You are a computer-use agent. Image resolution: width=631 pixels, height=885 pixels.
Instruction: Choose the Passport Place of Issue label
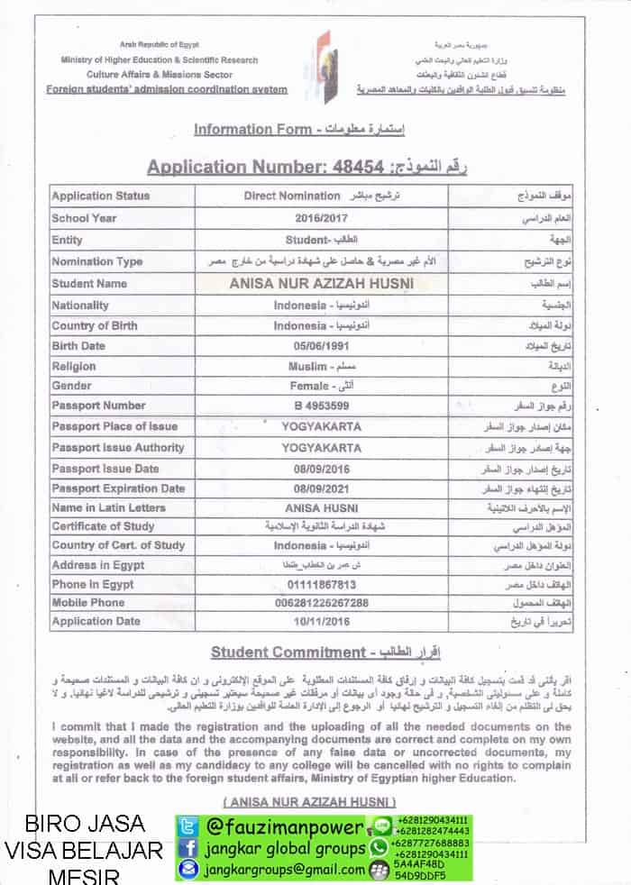[x=114, y=426]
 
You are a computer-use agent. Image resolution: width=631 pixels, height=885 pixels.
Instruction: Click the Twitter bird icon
[x=187, y=826]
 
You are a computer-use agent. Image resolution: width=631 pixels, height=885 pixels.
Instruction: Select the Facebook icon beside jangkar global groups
[x=187, y=847]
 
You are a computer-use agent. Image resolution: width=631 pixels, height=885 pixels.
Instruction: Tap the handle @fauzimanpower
[x=285, y=826]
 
